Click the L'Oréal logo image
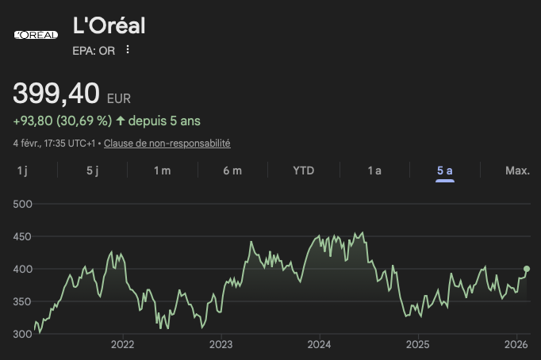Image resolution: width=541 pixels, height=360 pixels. (x=36, y=34)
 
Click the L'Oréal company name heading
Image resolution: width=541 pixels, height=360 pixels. (x=109, y=25)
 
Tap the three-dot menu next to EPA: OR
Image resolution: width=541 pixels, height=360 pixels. (x=128, y=50)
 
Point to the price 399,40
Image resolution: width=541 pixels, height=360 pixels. (x=56, y=94)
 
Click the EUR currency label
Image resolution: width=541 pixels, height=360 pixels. (x=119, y=98)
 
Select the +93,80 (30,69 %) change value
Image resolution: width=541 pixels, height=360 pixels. (x=63, y=121)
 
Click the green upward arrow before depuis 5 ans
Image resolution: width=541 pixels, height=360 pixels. (x=121, y=121)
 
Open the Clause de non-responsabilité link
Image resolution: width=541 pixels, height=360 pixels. (x=167, y=144)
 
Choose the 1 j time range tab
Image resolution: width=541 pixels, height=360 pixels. (x=22, y=170)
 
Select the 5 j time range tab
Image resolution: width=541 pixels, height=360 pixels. (x=92, y=170)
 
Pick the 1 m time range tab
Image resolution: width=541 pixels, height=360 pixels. (x=162, y=170)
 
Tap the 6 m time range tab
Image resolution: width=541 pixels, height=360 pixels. (x=232, y=170)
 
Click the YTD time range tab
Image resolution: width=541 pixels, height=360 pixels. (x=303, y=170)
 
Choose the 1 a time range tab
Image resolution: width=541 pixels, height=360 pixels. (x=374, y=170)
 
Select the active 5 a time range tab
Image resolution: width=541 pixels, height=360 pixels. (x=444, y=170)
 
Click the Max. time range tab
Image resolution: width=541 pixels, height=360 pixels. (x=517, y=170)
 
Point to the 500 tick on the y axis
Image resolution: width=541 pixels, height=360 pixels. (x=22, y=204)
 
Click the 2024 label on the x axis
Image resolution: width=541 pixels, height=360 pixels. (x=319, y=344)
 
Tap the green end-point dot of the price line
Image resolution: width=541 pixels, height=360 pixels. (x=527, y=269)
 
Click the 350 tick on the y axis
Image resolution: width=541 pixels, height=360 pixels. (x=22, y=301)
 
